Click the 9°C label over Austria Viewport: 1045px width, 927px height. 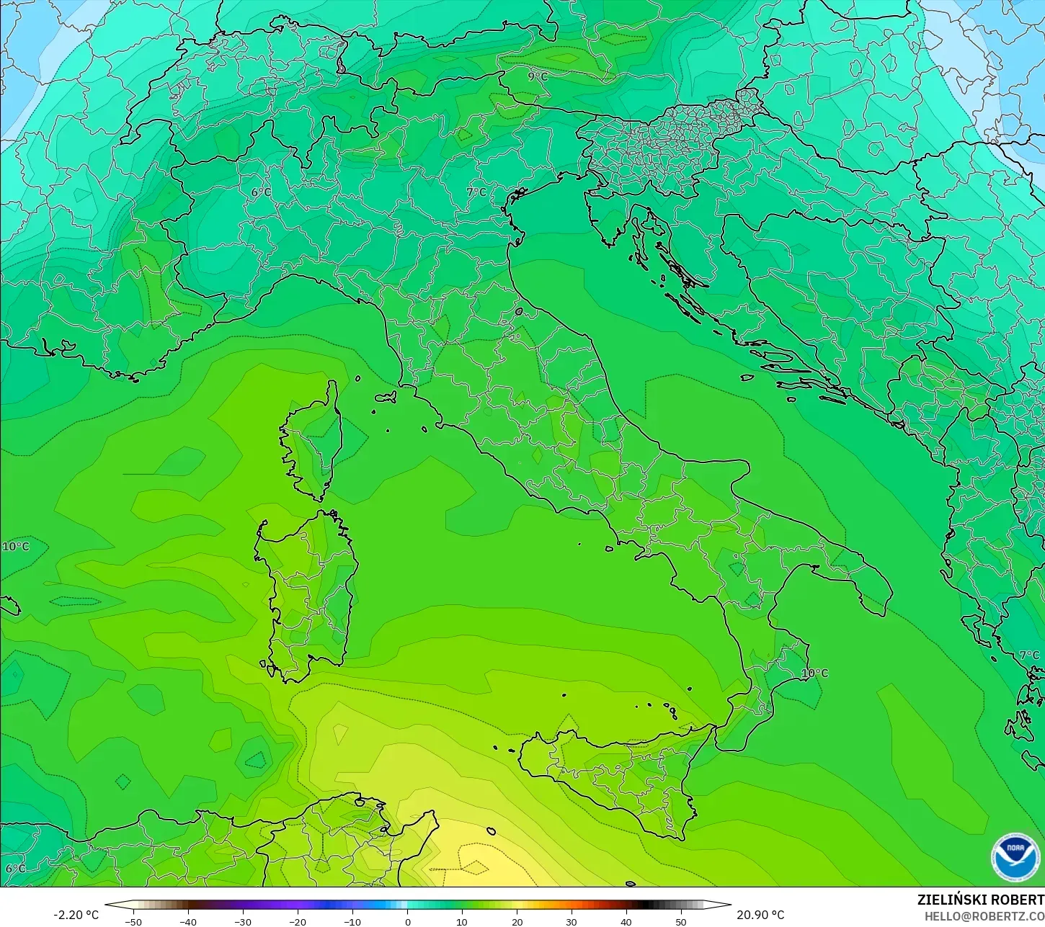tap(538, 76)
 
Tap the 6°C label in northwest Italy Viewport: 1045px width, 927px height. tap(261, 192)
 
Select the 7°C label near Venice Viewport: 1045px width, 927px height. tap(476, 192)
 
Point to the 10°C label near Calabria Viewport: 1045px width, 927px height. tap(814, 673)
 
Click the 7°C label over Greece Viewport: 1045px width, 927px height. tap(1029, 655)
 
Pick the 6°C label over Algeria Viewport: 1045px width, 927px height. tap(15, 868)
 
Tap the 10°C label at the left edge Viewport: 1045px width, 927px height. tap(16, 547)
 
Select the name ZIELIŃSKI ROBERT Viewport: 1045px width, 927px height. tap(980, 900)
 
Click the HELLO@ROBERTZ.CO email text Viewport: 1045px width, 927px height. tap(984, 915)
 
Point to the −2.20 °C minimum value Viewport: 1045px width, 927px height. tap(76, 915)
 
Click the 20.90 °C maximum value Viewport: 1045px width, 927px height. tap(760, 915)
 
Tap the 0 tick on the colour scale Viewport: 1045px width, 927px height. tap(407, 921)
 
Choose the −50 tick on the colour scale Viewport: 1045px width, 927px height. tap(133, 921)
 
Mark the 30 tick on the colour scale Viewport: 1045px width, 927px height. tap(571, 921)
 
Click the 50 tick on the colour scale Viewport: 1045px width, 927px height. tap(680, 921)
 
